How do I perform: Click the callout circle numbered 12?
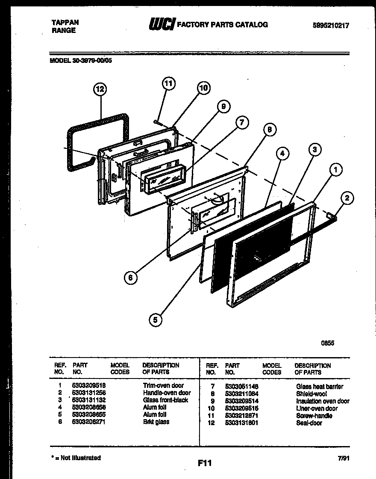pyautogui.click(x=100, y=89)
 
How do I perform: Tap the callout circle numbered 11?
pyautogui.click(x=169, y=83)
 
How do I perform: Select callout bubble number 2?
pyautogui.click(x=347, y=198)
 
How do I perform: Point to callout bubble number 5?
pyautogui.click(x=156, y=319)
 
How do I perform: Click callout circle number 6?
pyautogui.click(x=131, y=278)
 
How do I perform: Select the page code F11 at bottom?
pyautogui.click(x=205, y=463)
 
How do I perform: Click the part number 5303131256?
pyautogui.click(x=89, y=393)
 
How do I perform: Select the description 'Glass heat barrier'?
pyautogui.click(x=319, y=387)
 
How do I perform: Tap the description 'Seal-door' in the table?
pyautogui.click(x=309, y=423)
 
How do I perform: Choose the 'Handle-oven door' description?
pyautogui.click(x=167, y=393)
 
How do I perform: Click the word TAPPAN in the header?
pyautogui.click(x=65, y=23)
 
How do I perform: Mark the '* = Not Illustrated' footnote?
pyautogui.click(x=76, y=458)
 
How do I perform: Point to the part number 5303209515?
pyautogui.click(x=241, y=408)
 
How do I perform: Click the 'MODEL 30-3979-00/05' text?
pyautogui.click(x=81, y=60)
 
